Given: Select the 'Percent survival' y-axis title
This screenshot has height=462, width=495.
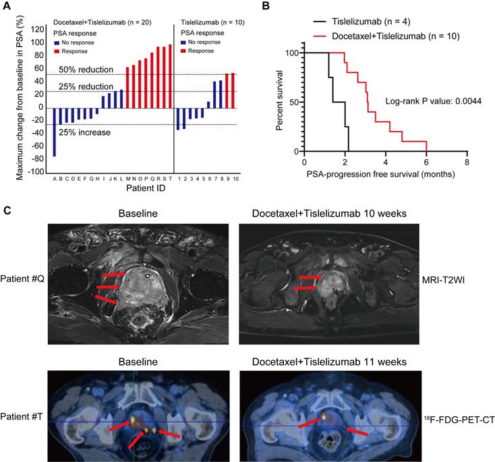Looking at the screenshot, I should coord(279,101).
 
